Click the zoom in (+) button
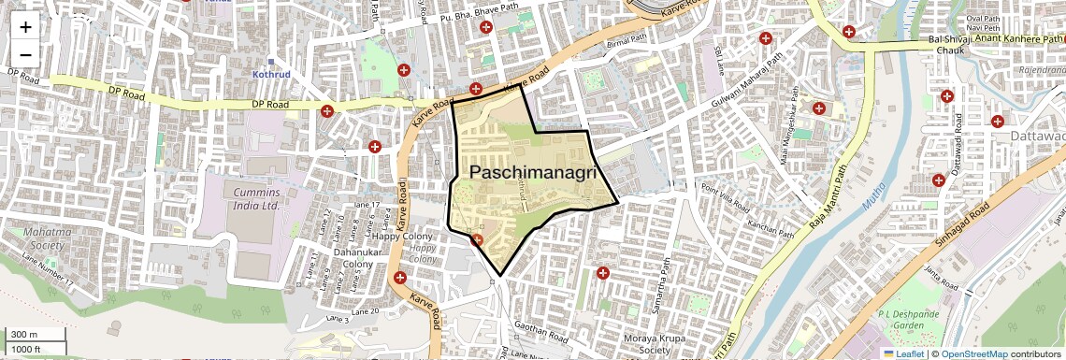[x=25, y=27]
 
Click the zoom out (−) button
[x=25, y=54]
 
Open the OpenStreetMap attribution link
[x=974, y=353]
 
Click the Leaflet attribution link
[x=903, y=353]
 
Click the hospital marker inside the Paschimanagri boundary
[x=477, y=240]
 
